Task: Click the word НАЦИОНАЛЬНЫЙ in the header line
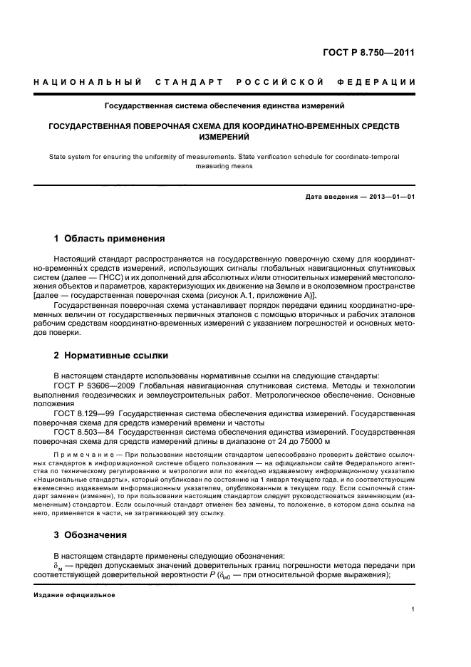(88, 83)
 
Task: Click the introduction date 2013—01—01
(389, 197)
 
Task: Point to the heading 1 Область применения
(110, 239)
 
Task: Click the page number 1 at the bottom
(413, 609)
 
